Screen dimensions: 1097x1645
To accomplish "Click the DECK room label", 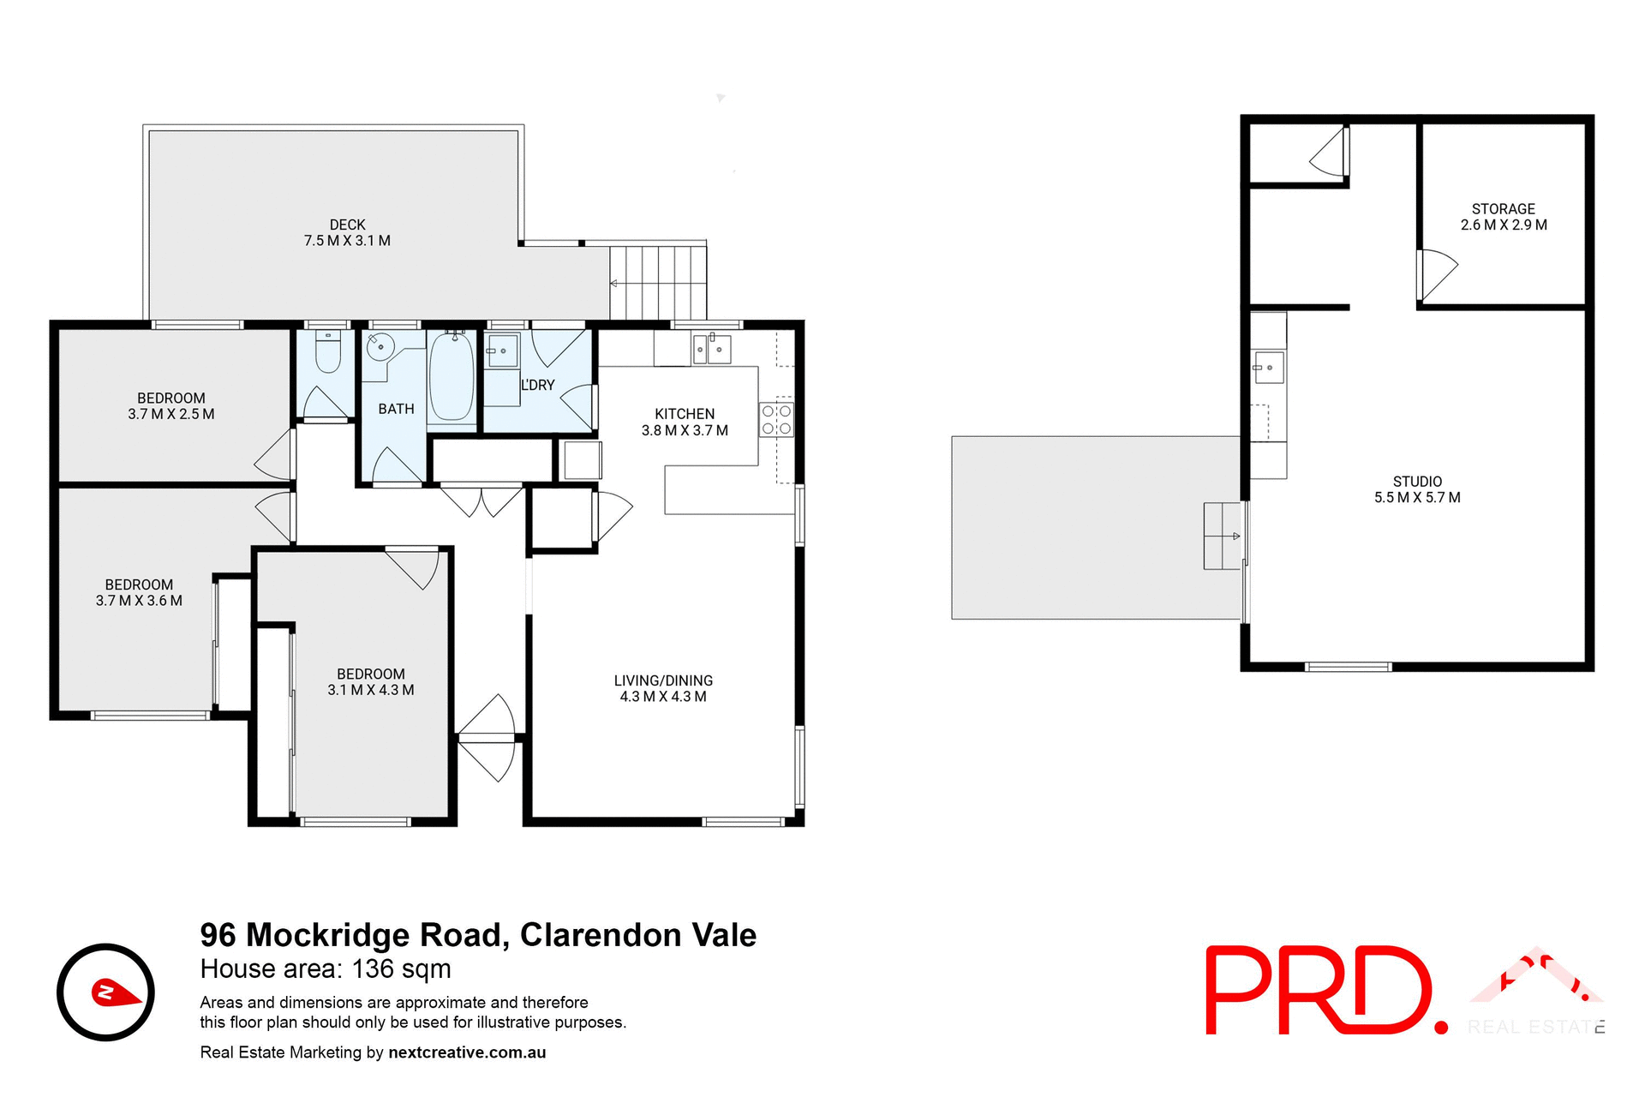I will (347, 225).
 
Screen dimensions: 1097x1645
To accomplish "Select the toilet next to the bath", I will (327, 352).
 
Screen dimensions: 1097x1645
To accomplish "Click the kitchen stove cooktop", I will (776, 420).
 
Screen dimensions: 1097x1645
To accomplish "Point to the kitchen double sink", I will (711, 349).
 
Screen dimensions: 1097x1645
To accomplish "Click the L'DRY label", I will (538, 386).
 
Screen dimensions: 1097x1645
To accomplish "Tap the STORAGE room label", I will (1503, 209).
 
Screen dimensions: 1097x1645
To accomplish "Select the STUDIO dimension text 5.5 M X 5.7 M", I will (1417, 498).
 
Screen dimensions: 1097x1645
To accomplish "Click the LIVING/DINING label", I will (663, 680).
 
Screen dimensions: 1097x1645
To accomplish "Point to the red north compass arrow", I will (115, 992).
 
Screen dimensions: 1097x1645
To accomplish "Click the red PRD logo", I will (1319, 990).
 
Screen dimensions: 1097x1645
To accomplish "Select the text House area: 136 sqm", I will (326, 969).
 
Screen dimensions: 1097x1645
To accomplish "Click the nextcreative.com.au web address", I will (467, 1052).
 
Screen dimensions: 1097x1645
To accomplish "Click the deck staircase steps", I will (658, 283).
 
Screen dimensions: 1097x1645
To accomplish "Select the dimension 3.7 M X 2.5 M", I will (171, 415).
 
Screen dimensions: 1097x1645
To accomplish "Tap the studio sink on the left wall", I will (1268, 368).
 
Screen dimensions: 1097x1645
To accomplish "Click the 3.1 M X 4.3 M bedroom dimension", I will (371, 691).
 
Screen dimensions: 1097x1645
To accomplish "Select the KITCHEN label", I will (685, 414).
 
